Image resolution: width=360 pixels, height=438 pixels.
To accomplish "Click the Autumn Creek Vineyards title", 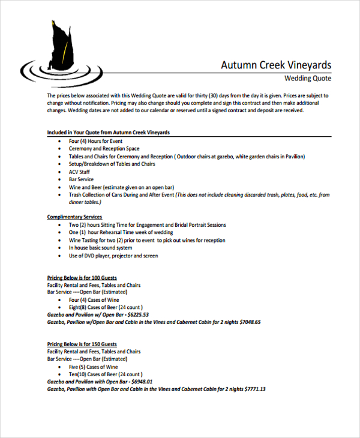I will (275, 65).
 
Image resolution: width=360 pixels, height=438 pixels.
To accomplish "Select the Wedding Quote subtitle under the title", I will (307, 79).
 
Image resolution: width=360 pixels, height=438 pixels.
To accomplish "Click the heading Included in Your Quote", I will (108, 132).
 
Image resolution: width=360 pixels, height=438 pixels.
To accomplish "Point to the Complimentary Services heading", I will (74, 217).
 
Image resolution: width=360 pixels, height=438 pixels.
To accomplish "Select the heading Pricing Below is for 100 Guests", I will (82, 278).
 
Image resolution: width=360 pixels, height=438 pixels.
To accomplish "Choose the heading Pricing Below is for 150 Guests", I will (82, 344).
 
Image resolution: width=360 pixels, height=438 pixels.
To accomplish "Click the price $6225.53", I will (138, 314).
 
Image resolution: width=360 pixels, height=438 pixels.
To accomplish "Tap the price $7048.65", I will (250, 322).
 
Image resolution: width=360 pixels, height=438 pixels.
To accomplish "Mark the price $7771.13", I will (254, 389).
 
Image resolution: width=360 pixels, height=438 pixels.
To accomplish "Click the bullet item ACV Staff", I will (79, 172).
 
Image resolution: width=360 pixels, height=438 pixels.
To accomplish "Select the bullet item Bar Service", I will (81, 179).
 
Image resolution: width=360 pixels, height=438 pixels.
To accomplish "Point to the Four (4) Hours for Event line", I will (95, 140).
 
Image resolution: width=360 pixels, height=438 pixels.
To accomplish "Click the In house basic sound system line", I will (100, 248).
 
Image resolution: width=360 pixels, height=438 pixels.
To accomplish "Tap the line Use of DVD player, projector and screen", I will (113, 256).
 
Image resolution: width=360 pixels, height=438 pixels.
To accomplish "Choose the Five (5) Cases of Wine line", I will (93, 367).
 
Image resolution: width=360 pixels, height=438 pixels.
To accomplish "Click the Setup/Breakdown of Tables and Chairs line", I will (112, 164).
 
